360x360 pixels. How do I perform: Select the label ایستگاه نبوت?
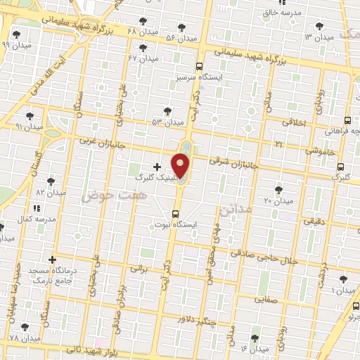click(177, 225)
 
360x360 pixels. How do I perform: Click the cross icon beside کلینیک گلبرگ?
click(156, 167)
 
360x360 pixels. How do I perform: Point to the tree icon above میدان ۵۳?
click(167, 110)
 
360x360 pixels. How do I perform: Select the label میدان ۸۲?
click(51, 191)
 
